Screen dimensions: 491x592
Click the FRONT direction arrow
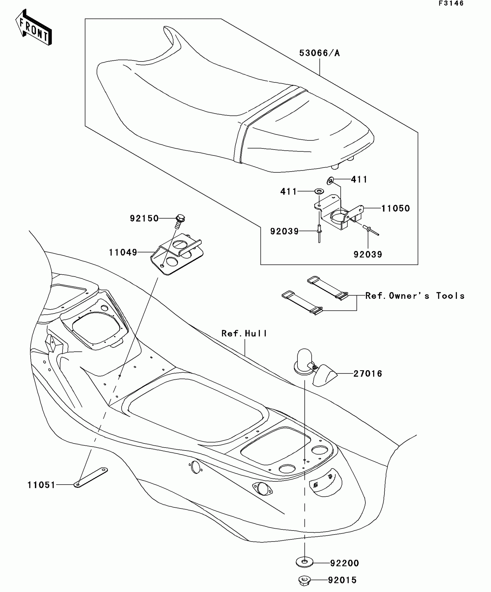click(x=34, y=27)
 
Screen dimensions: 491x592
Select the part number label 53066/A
click(x=319, y=53)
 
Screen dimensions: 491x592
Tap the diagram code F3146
click(x=451, y=3)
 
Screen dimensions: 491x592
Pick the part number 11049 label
click(x=123, y=252)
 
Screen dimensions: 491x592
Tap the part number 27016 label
click(x=368, y=374)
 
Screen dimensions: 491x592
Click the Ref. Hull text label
click(x=244, y=334)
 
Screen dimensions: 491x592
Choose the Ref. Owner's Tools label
click(x=415, y=296)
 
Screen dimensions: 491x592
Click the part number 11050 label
click(x=395, y=208)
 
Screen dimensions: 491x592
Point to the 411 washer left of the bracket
click(x=319, y=191)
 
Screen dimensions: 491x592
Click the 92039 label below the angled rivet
click(x=368, y=254)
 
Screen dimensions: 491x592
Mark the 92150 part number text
click(x=144, y=218)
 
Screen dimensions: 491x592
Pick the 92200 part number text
click(x=345, y=563)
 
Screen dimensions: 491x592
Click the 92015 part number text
click(x=342, y=580)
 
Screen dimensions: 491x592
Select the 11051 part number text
click(x=41, y=485)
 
